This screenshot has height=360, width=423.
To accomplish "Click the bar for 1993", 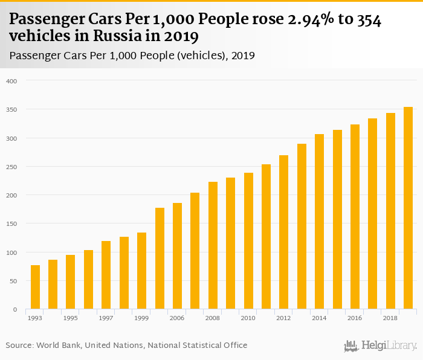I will pyautogui.click(x=35, y=287).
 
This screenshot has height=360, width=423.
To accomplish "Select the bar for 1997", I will pyautogui.click(x=106, y=275).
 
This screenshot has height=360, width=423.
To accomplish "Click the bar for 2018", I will pyautogui.click(x=390, y=211).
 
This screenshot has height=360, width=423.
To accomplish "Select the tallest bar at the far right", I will pyautogui.click(x=408, y=208).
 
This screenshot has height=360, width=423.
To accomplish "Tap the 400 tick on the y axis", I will pyautogui.click(x=12, y=81).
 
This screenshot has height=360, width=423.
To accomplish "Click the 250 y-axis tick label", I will pyautogui.click(x=12, y=167).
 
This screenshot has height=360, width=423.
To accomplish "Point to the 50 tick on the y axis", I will pyautogui.click(x=14, y=281).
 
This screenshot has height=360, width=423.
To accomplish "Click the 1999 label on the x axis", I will pyautogui.click(x=141, y=318).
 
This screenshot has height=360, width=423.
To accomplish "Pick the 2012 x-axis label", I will pyautogui.click(x=283, y=318).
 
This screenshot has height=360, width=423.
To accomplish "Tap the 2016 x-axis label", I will pyautogui.click(x=355, y=318).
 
